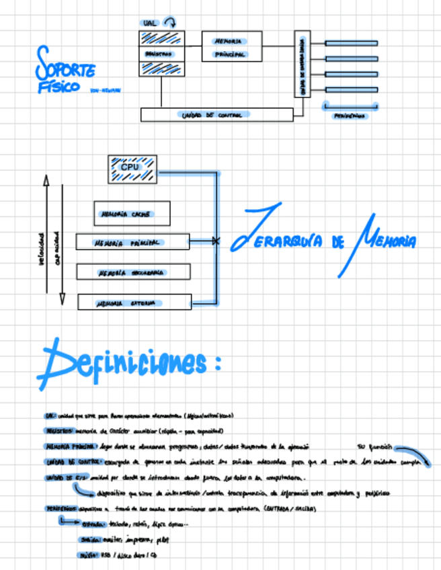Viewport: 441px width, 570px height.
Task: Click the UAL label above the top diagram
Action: click(149, 23)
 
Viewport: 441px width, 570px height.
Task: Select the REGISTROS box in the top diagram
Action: click(161, 53)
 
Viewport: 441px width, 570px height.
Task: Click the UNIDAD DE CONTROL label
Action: click(209, 115)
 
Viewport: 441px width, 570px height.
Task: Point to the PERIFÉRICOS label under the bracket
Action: click(350, 116)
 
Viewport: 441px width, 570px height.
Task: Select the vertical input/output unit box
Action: click(302, 65)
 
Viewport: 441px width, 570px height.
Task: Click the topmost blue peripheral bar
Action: click(351, 43)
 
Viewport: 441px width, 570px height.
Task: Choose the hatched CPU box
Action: click(132, 168)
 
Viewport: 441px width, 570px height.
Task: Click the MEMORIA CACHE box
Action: click(132, 214)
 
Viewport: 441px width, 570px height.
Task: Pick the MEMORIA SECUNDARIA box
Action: click(133, 272)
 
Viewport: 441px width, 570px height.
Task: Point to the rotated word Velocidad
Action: click(42, 248)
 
